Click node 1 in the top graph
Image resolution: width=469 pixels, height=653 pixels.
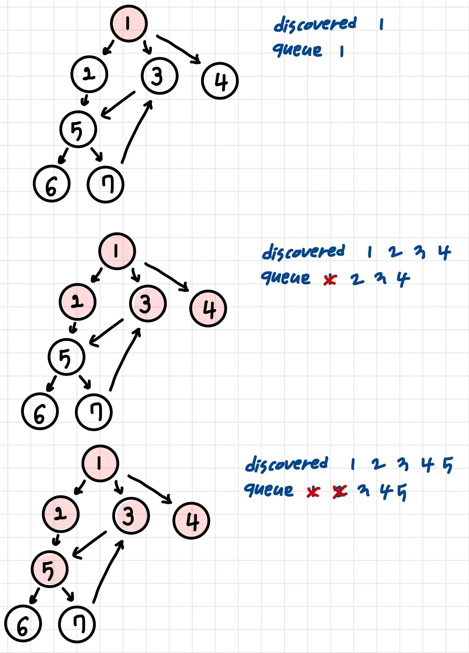pyautogui.click(x=129, y=23)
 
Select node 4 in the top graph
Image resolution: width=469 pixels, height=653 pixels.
pyautogui.click(x=220, y=81)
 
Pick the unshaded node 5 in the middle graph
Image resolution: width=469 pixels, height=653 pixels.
pyautogui.click(x=67, y=357)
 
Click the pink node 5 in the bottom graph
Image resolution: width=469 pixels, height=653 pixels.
pyautogui.click(x=50, y=569)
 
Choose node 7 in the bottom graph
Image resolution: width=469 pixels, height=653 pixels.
pyautogui.click(x=77, y=624)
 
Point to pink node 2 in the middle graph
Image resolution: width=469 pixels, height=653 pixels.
pyautogui.click(x=78, y=302)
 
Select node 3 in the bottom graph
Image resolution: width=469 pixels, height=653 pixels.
pyautogui.click(x=131, y=516)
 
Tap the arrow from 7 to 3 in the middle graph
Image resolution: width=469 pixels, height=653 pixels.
pyautogui.click(x=124, y=359)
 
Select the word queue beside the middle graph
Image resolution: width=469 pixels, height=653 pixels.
pyautogui.click(x=286, y=277)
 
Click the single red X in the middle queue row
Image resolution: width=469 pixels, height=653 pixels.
pyautogui.click(x=329, y=280)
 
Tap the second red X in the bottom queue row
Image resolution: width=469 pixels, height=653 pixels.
pyautogui.click(x=340, y=491)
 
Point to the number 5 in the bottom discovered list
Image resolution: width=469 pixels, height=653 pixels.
pyautogui.click(x=448, y=465)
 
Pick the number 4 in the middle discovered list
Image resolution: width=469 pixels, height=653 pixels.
pyautogui.click(x=444, y=253)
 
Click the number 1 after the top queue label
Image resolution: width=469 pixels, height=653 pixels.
pyautogui.click(x=342, y=51)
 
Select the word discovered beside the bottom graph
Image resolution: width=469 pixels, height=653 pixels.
pyautogui.click(x=287, y=464)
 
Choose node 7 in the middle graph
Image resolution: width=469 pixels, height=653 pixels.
pyautogui.click(x=94, y=412)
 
